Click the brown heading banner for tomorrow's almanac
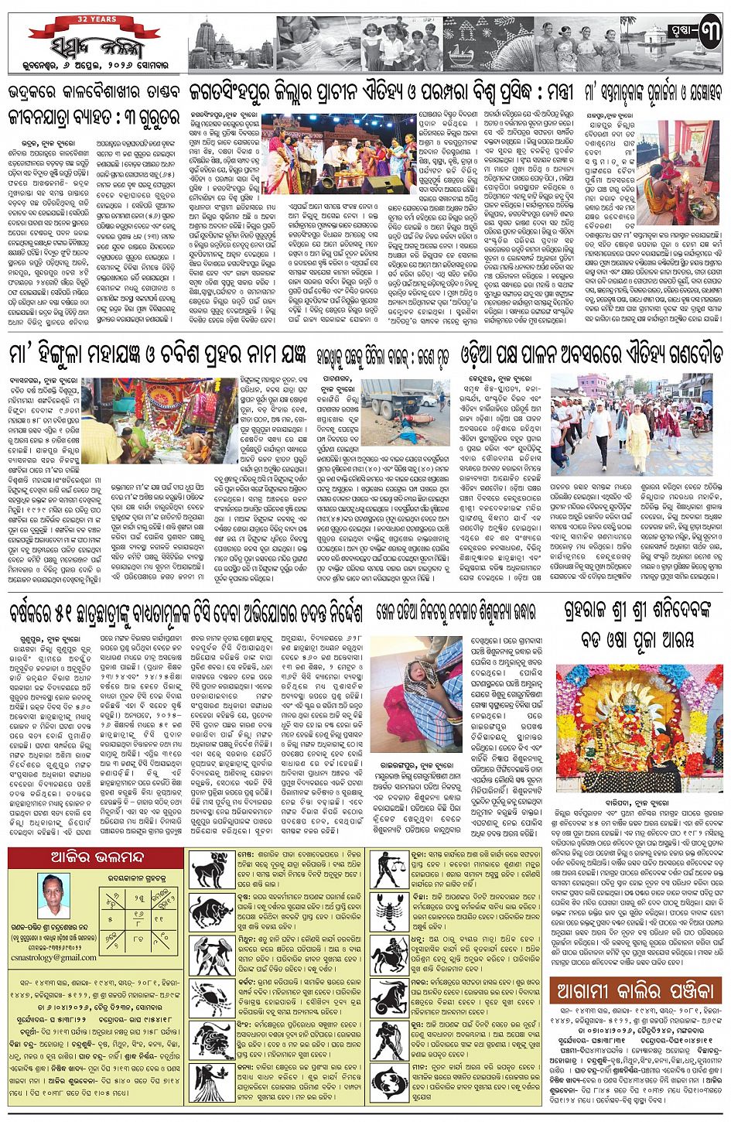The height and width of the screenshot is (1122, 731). click(x=635, y=990)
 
